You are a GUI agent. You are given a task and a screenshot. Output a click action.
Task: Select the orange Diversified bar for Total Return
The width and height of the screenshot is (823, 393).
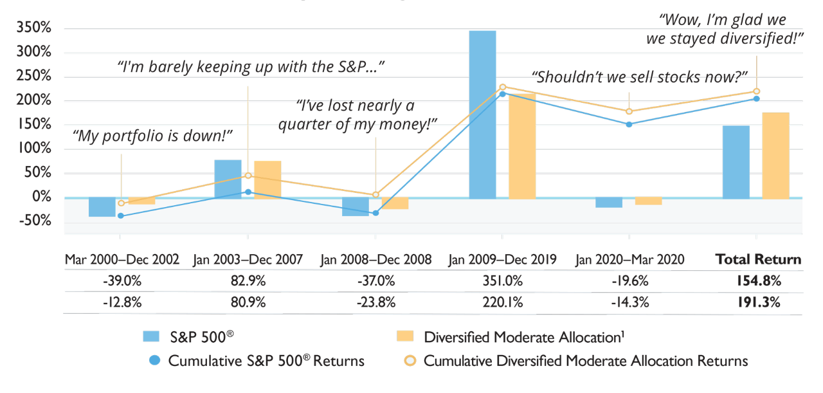coord(775,155)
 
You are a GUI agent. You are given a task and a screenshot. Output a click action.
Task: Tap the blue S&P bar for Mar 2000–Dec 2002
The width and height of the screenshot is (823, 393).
coord(102,207)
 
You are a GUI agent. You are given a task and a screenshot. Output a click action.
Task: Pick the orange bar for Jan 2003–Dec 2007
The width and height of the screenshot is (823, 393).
coord(267,179)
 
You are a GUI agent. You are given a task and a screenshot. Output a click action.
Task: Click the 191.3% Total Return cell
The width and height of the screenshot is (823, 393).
coord(759,302)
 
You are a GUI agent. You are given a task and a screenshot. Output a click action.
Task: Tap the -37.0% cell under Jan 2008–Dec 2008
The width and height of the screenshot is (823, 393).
coord(375,281)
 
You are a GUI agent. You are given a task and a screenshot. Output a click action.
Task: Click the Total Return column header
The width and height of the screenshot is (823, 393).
coord(759,260)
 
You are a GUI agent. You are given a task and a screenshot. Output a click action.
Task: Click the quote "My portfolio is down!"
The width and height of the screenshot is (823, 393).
coord(152,136)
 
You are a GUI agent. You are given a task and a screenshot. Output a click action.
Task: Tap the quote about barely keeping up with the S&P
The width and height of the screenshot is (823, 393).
coord(247,66)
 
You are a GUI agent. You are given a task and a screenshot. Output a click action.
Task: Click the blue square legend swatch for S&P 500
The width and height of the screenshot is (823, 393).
coord(151,336)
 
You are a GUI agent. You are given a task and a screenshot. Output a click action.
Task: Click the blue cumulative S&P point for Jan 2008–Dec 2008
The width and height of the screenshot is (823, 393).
coord(375,213)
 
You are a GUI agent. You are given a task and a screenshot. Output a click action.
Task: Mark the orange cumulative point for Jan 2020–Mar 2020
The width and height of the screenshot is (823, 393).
coord(629,112)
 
